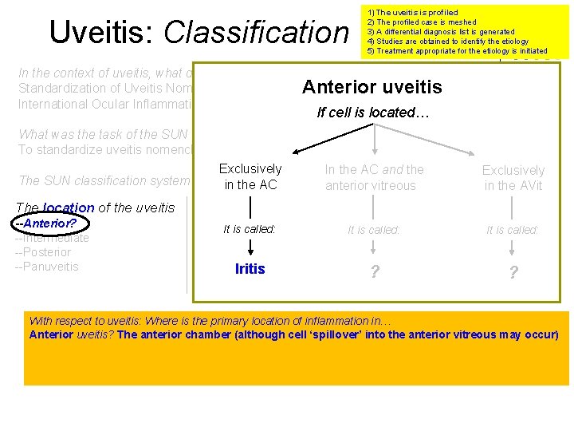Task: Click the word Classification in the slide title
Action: [x=256, y=32]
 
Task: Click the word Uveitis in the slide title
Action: [x=103, y=32]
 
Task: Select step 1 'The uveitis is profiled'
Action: [x=412, y=13]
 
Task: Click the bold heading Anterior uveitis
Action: [x=372, y=87]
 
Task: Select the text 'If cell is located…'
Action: [x=373, y=113]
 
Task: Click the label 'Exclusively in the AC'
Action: [x=250, y=176]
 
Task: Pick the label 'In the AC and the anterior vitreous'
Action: [x=374, y=177]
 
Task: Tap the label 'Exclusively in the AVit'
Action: [x=513, y=178]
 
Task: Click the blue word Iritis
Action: [x=250, y=269]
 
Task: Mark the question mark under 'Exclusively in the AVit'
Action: [x=513, y=273]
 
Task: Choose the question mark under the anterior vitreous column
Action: [x=374, y=272]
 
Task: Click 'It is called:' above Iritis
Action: [x=250, y=229]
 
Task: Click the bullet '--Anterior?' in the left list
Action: [x=45, y=223]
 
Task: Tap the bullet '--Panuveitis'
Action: [x=47, y=267]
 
